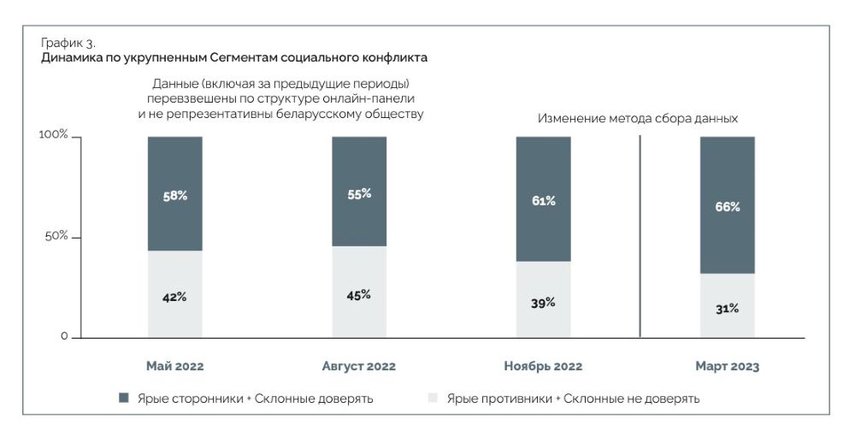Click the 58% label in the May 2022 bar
pyautogui.click(x=175, y=195)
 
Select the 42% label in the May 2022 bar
pyautogui.click(x=175, y=297)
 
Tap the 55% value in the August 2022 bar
pyautogui.click(x=359, y=193)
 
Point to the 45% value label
pyautogui.click(x=359, y=294)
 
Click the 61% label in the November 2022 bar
pyautogui.click(x=543, y=200)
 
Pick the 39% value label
pyautogui.click(x=543, y=302)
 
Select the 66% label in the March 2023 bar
pyautogui.click(x=728, y=206)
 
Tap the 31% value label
pyautogui.click(x=728, y=308)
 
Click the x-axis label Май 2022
pyautogui.click(x=175, y=366)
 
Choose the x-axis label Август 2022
pyautogui.click(x=359, y=366)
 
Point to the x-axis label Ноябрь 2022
pyautogui.click(x=543, y=366)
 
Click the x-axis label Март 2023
pyautogui.click(x=728, y=366)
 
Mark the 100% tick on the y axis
pyautogui.click(x=54, y=135)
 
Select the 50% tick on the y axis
pyautogui.click(x=56, y=235)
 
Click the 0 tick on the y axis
pyautogui.click(x=64, y=336)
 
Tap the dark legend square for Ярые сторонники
pyautogui.click(x=124, y=398)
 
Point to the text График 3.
pyautogui.click(x=68, y=43)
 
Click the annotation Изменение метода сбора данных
pyautogui.click(x=637, y=119)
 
